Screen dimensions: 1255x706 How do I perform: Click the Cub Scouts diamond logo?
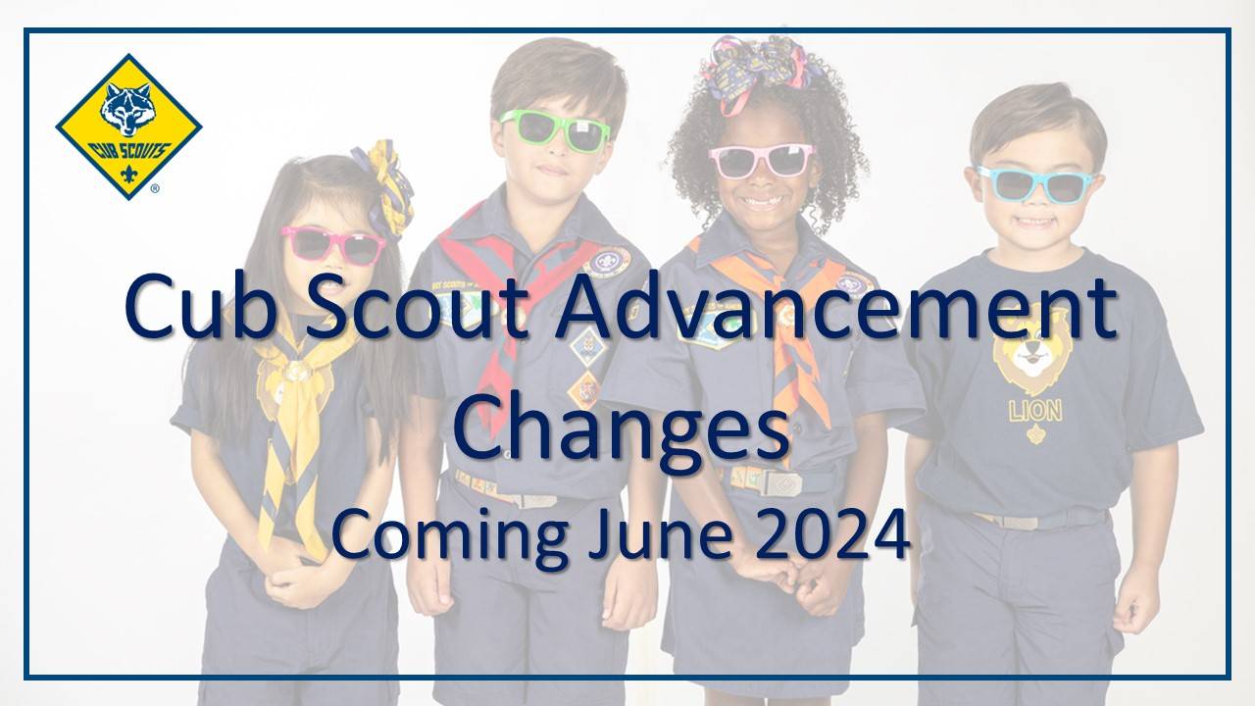(x=128, y=126)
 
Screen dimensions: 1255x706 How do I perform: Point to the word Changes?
(x=621, y=431)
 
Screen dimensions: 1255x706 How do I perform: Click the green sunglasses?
(x=555, y=131)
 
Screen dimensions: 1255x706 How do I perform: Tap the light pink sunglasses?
(x=761, y=160)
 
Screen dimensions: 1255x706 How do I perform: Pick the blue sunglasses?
(x=1036, y=183)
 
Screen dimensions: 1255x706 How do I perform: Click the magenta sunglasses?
(x=332, y=245)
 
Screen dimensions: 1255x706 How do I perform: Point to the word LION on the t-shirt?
(x=1035, y=412)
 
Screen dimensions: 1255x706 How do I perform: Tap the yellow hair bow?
(x=385, y=188)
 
